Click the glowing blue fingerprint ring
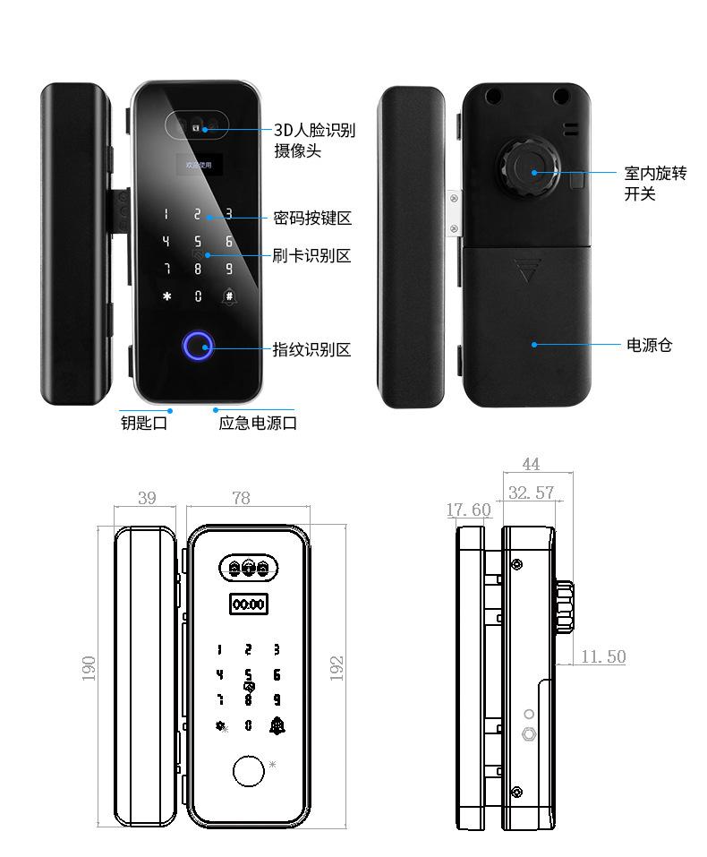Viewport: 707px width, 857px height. pos(198,347)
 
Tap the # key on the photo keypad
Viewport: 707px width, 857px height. pos(229,296)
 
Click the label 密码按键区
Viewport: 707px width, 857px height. pos(311,218)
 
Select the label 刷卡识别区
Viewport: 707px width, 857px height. pos(311,255)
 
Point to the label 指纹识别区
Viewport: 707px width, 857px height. pos(311,348)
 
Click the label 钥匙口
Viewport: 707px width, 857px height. pos(144,423)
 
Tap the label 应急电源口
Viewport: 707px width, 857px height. pos(258,423)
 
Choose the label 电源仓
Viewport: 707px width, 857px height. pos(649,345)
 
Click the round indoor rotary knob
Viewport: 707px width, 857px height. pos(530,168)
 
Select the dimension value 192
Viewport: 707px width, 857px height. pos(336,668)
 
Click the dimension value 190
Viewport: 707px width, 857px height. pos(89,668)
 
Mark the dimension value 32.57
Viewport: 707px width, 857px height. pos(531,493)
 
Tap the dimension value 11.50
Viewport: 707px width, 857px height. pos(603,656)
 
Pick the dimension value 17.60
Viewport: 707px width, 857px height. pos(468,510)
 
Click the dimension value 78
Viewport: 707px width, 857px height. pos(241,499)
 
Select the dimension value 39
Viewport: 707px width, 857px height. pos(148,499)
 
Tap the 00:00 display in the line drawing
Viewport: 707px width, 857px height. pos(248,605)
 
